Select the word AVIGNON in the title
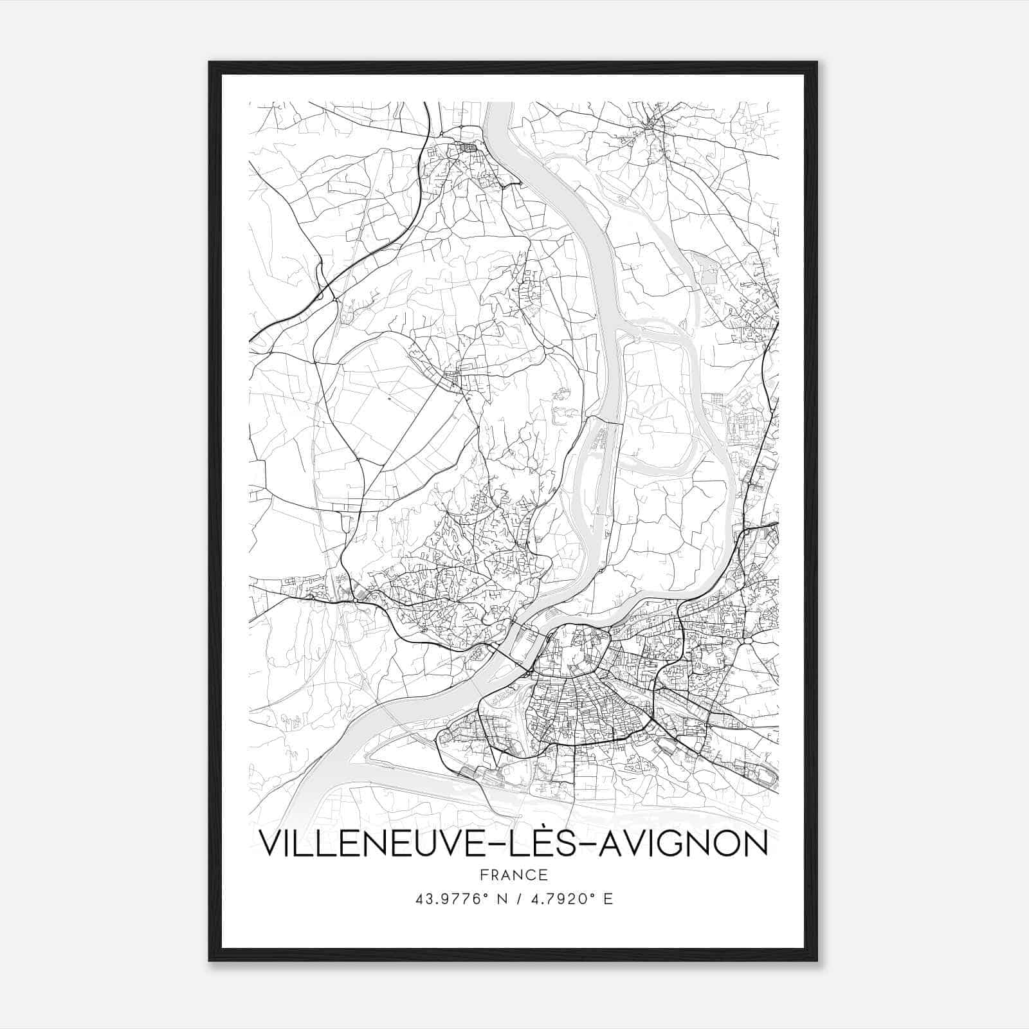684,844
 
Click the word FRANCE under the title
514,875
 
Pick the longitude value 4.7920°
561,899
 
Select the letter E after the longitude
608,899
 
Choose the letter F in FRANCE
484,875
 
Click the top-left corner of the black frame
210,62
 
